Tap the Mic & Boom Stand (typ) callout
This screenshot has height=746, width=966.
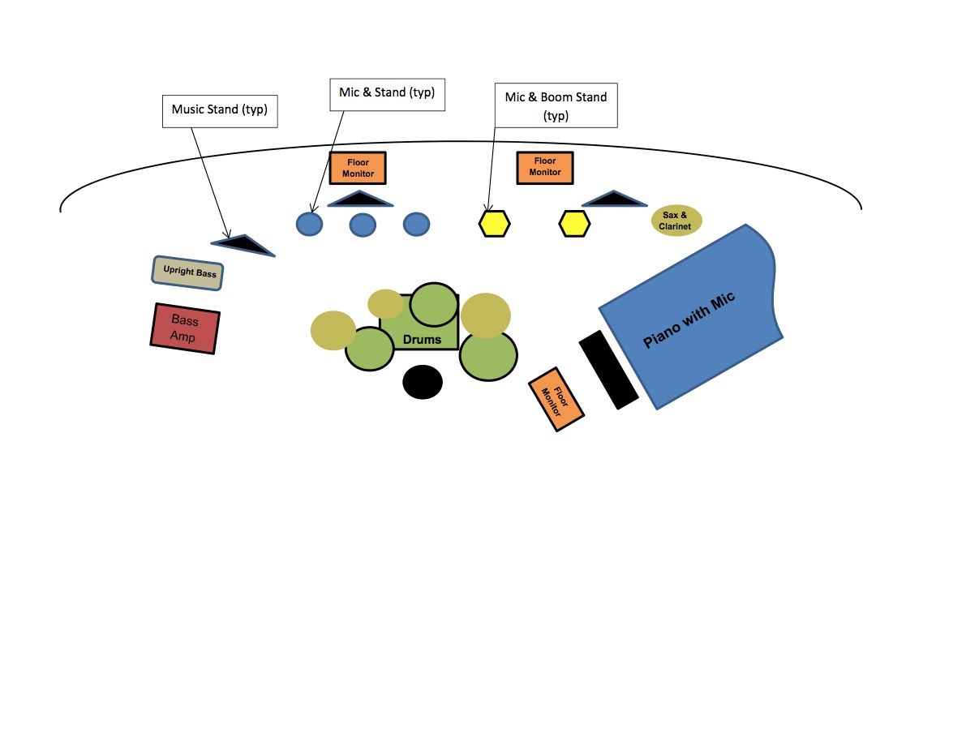click(556, 106)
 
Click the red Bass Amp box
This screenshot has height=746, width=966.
click(185, 328)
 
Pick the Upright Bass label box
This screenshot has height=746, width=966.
click(188, 272)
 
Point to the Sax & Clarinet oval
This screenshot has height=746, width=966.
click(676, 221)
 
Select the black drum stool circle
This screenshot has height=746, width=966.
click(423, 382)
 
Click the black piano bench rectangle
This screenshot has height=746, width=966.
click(608, 370)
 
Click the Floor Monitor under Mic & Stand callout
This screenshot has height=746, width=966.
click(358, 168)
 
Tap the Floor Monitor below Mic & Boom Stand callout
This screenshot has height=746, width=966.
click(545, 167)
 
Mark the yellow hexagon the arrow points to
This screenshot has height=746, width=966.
click(494, 223)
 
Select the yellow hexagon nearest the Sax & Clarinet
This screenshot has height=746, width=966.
click(574, 222)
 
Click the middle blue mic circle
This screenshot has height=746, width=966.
click(363, 224)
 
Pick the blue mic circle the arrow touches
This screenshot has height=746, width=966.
click(309, 224)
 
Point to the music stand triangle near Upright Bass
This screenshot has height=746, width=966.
click(243, 243)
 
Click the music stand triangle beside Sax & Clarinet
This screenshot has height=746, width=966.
click(614, 199)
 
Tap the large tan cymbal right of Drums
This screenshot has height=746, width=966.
click(486, 315)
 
